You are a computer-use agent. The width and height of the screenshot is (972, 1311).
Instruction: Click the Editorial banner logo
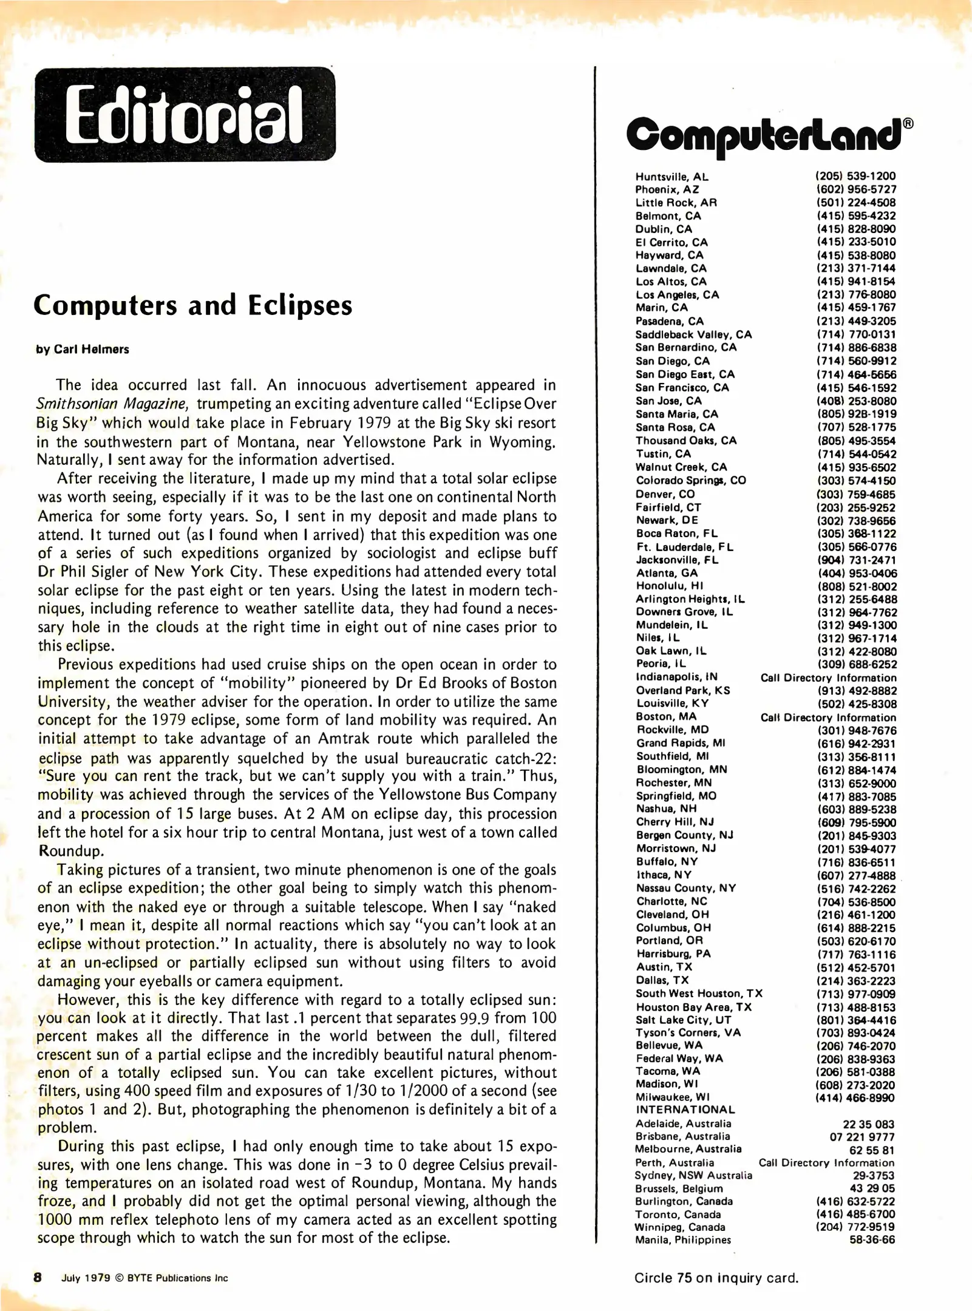click(x=185, y=115)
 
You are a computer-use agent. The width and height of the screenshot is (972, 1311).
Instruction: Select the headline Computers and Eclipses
click(x=192, y=305)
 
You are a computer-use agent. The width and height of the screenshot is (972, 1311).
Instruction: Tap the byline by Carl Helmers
click(x=83, y=350)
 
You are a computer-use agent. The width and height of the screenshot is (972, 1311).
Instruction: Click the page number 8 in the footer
click(x=38, y=1277)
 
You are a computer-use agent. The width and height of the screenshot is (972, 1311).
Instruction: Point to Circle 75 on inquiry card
click(x=716, y=1278)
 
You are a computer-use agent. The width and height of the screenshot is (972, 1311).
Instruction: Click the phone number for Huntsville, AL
click(x=855, y=176)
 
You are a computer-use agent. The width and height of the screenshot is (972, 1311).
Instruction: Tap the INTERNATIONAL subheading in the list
click(x=685, y=1109)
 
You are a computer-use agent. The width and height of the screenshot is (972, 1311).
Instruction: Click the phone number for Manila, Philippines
click(x=872, y=1240)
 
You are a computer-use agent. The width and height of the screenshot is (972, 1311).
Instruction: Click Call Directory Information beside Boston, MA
click(x=828, y=717)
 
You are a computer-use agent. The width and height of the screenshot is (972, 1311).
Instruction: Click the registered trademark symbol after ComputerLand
click(x=908, y=123)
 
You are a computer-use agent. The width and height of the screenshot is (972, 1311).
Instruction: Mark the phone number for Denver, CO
click(x=855, y=494)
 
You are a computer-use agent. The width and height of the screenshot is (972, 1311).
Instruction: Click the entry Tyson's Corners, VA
click(x=688, y=1032)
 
